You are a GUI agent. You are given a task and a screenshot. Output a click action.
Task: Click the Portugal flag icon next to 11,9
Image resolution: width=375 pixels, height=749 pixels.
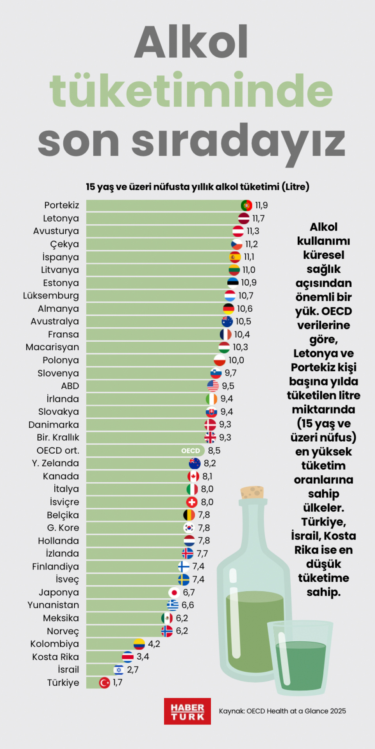click(x=246, y=205)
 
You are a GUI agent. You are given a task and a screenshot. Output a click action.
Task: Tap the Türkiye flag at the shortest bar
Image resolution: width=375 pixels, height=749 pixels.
click(x=104, y=683)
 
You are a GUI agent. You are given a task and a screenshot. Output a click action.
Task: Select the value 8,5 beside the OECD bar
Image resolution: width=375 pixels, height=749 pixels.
click(x=214, y=451)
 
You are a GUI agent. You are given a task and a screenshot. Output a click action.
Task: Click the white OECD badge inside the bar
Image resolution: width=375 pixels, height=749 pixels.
click(x=191, y=451)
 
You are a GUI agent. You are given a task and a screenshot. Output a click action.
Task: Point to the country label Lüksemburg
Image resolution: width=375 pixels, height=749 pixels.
click(x=51, y=296)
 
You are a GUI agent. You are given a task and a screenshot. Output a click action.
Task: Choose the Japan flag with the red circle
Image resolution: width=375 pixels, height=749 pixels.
click(x=174, y=593)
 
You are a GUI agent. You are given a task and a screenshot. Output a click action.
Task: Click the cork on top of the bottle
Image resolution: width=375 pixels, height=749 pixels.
click(x=252, y=492)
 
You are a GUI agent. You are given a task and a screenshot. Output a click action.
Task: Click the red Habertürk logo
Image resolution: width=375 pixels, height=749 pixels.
click(x=187, y=712)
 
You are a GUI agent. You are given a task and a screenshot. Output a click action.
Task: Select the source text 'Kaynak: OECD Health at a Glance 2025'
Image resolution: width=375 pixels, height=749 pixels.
click(x=282, y=711)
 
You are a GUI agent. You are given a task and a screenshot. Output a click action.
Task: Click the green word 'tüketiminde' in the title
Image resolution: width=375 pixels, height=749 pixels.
click(x=191, y=91)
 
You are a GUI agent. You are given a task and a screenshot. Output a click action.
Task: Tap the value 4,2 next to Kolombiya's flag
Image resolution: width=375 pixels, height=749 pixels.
click(x=154, y=644)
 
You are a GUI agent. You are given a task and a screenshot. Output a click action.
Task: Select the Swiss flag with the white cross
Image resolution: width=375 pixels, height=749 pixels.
click(x=192, y=502)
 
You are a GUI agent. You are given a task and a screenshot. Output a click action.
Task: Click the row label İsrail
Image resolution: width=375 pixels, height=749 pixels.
click(x=68, y=670)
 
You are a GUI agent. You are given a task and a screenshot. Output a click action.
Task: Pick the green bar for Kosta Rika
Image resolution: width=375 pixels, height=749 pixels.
click(x=104, y=657)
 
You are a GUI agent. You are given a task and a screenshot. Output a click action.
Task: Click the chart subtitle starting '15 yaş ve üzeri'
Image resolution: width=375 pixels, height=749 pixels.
click(x=198, y=187)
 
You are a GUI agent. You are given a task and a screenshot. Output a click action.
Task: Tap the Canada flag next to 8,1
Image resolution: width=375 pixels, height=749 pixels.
click(x=193, y=476)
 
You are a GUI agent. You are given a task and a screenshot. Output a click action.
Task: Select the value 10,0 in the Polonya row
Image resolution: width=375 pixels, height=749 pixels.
click(x=236, y=360)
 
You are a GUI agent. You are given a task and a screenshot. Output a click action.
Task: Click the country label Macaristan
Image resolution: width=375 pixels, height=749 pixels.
click(x=52, y=347)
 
